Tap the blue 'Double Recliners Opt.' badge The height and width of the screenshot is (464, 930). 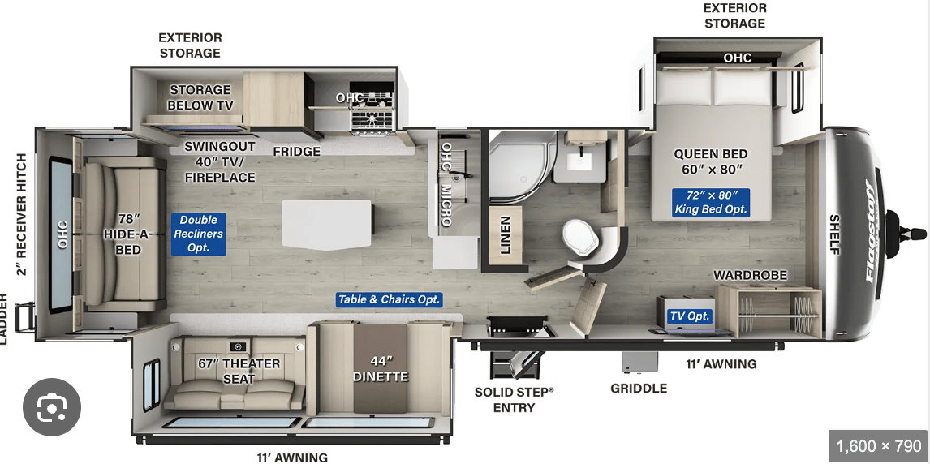199,233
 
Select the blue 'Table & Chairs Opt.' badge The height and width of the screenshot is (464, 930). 389,299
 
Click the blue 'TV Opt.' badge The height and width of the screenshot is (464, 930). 689,316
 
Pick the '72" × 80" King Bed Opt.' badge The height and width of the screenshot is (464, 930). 711,202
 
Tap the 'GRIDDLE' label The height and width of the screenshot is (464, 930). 639,388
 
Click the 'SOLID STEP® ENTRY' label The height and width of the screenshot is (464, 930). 514,399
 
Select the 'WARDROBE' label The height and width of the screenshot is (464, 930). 750,276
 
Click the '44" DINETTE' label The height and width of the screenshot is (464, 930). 381,369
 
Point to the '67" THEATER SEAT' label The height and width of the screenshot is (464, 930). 239,371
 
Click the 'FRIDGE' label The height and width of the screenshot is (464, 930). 296,152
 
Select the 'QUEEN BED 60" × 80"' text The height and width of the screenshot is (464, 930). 710,161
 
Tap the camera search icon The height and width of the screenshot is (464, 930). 52,407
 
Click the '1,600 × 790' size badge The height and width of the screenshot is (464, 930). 879,446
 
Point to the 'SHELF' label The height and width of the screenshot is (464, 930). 834,234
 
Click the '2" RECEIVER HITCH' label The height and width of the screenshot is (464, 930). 21,214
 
